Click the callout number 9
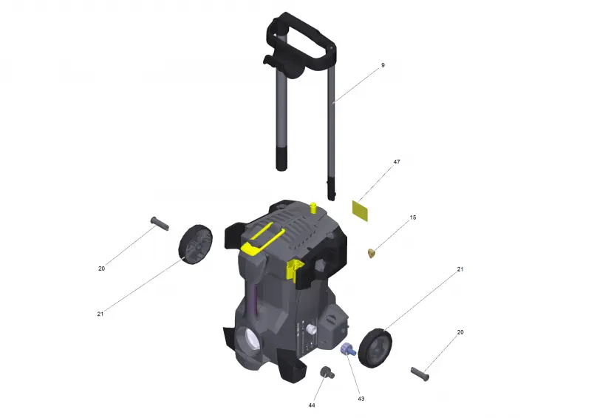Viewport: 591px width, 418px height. click(x=383, y=65)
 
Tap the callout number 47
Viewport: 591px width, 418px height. click(x=397, y=161)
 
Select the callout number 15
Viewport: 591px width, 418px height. click(x=413, y=218)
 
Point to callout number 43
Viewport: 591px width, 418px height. click(x=361, y=399)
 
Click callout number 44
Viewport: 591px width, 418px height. click(x=312, y=405)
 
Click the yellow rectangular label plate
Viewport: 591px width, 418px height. click(x=360, y=211)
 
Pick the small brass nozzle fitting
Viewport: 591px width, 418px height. click(x=372, y=253)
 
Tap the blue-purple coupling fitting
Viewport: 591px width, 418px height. click(x=348, y=349)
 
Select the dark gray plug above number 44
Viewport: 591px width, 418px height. click(x=327, y=372)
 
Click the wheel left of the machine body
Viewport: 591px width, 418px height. click(x=195, y=244)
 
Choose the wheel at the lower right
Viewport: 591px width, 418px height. click(x=375, y=348)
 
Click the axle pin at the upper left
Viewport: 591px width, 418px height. click(x=160, y=223)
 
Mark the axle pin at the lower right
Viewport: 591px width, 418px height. click(x=420, y=374)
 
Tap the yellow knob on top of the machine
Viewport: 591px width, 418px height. click(x=312, y=207)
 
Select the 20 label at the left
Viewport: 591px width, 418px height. click(x=101, y=269)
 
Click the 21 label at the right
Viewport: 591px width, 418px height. click(x=460, y=269)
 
